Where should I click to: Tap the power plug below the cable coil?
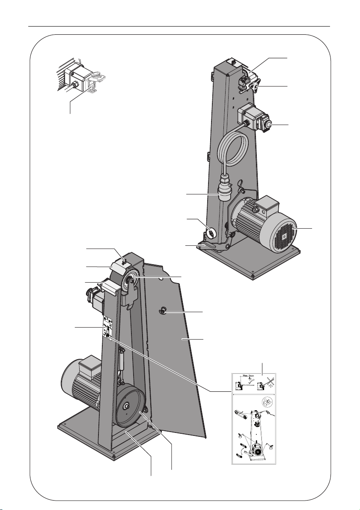click(x=224, y=188)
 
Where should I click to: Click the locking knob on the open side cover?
click(x=162, y=312)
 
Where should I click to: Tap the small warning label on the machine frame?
click(x=108, y=328)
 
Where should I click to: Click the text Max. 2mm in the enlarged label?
click(x=248, y=375)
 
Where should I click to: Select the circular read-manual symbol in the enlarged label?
click(x=267, y=403)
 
